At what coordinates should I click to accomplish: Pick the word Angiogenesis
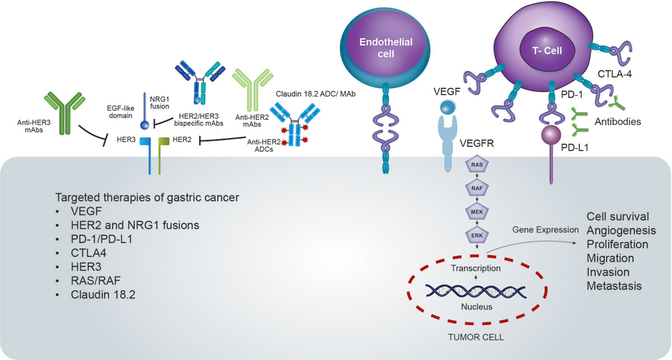click(621, 231)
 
